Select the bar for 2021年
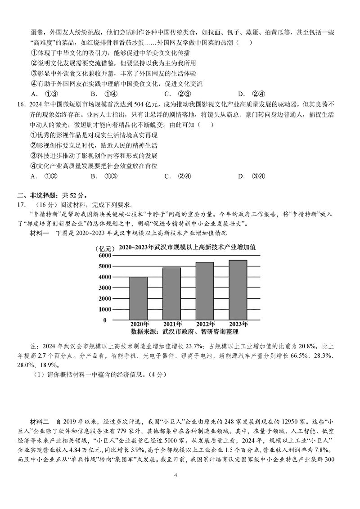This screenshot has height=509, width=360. (x=171, y=293)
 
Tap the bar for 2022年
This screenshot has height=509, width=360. (x=204, y=291)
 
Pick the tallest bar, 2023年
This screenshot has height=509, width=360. (x=237, y=290)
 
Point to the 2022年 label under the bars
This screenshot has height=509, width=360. (x=204, y=324)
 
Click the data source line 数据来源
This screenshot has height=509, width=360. (x=184, y=332)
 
